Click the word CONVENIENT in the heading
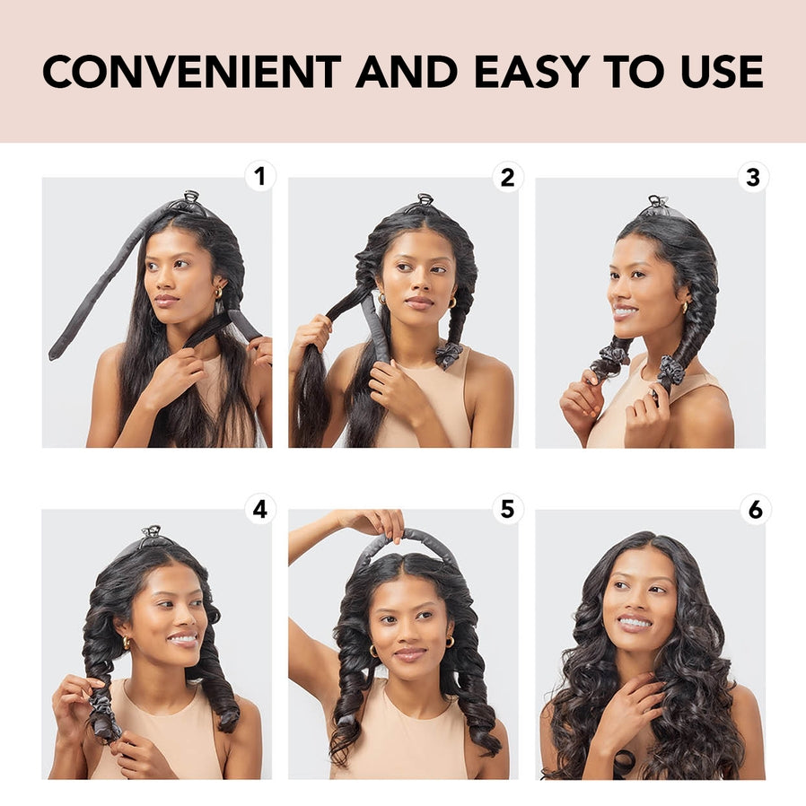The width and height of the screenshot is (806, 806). pyautogui.click(x=191, y=72)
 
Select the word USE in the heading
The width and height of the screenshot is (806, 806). pyautogui.click(x=715, y=72)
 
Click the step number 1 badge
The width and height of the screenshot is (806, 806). pyautogui.click(x=260, y=176)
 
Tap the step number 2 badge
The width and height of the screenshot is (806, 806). pyautogui.click(x=507, y=177)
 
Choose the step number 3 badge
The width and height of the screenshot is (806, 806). pyautogui.click(x=754, y=177)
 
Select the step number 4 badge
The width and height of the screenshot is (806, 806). pyautogui.click(x=260, y=509)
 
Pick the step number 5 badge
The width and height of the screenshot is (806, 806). pyautogui.click(x=507, y=509)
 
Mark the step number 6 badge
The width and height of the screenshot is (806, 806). pyautogui.click(x=754, y=509)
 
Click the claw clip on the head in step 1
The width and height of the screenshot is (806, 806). pyautogui.click(x=190, y=197)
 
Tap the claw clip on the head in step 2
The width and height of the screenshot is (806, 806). pyautogui.click(x=425, y=200)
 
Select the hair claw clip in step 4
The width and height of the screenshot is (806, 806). pyautogui.click(x=152, y=532)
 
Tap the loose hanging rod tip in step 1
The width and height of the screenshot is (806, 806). pyautogui.click(x=56, y=352)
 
